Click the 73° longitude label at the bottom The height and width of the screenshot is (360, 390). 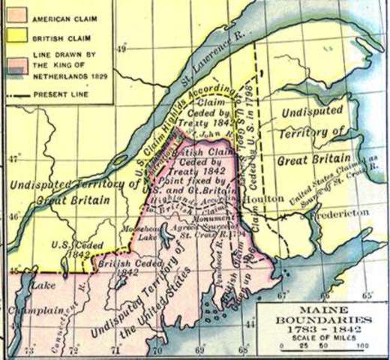tap(30, 351)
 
